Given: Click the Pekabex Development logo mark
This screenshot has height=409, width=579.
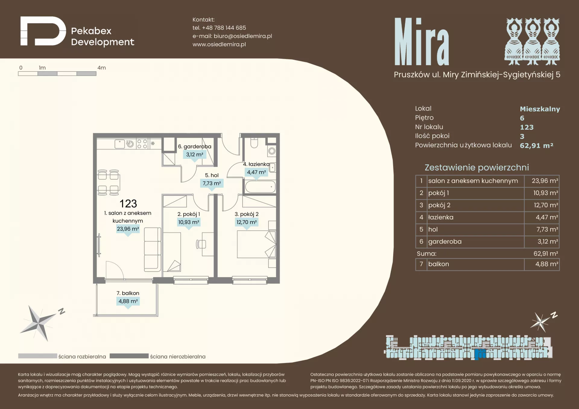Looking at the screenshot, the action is click(x=43, y=31).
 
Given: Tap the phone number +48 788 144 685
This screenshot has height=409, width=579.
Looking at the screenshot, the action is click(x=224, y=28).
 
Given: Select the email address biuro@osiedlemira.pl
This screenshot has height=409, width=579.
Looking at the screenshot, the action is click(x=243, y=36).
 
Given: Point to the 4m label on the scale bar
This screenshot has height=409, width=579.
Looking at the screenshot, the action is click(x=102, y=68).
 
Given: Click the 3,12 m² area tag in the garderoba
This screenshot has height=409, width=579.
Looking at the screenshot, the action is click(x=195, y=155).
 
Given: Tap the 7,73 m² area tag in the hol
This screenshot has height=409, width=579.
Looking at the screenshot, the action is click(x=212, y=183).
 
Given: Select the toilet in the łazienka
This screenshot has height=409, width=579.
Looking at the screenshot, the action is click(x=254, y=143).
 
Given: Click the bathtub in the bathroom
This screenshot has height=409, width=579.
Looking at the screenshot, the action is click(x=260, y=187).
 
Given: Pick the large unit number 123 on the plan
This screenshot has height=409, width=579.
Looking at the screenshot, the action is click(x=128, y=204).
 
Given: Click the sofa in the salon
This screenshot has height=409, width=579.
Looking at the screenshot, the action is click(x=152, y=250).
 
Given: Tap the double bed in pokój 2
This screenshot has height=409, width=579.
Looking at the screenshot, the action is click(x=256, y=244).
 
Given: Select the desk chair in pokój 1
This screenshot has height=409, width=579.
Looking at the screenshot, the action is click(x=201, y=244).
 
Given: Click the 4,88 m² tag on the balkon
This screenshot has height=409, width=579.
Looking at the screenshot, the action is click(x=128, y=301).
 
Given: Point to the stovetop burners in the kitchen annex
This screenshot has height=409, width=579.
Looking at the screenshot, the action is click(x=142, y=144).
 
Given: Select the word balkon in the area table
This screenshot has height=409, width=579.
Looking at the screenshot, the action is click(x=438, y=264).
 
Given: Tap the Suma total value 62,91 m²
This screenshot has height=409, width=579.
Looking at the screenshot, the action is click(x=546, y=253).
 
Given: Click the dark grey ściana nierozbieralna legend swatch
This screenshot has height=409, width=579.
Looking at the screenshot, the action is click(x=129, y=356).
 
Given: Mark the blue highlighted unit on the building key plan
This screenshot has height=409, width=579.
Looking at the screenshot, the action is click(x=479, y=354).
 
